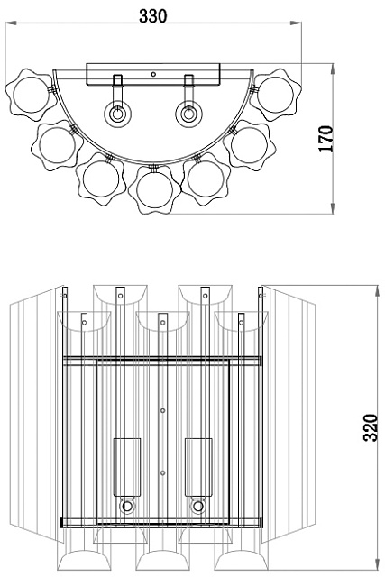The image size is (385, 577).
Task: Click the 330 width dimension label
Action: click(152, 16)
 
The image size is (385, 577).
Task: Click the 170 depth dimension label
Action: click(325, 139)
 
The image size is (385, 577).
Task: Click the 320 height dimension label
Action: click(371, 427)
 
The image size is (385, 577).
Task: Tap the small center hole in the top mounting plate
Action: click(153, 74)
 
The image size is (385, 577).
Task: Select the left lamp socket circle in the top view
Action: click(117, 114)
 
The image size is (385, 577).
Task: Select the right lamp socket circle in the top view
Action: click(188, 114)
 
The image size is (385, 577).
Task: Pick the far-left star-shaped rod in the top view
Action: click(31, 95)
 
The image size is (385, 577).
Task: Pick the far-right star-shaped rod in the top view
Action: click(275, 95)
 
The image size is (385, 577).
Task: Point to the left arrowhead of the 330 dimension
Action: click(11, 23)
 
